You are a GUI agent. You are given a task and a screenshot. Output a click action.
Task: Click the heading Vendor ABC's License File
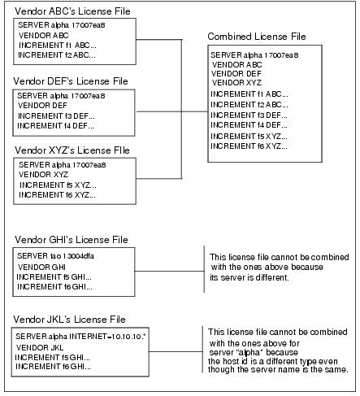coord(72,11)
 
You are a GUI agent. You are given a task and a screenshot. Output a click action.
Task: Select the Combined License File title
coord(257,37)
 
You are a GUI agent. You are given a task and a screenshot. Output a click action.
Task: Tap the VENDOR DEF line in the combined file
coord(236,74)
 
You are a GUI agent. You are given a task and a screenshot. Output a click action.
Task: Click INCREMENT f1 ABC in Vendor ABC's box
coord(58,45)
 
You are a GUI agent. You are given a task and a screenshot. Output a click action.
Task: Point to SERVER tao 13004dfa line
coord(56,256)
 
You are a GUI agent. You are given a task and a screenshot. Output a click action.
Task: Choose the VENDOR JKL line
coord(40,347)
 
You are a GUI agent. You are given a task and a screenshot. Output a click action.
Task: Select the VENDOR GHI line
coord(41,268)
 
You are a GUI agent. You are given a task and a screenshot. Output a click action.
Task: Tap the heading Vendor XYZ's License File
coord(72,150)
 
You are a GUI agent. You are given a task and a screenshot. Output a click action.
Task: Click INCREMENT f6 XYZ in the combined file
coord(249,146)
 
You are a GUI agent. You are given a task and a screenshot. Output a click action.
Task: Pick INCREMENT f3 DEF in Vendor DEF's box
coord(56,116)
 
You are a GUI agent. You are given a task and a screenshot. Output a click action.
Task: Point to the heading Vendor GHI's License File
coord(72,240)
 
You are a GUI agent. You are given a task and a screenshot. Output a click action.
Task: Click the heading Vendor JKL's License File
coord(69,320)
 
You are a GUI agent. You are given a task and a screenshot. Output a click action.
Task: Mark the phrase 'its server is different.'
coord(249,277)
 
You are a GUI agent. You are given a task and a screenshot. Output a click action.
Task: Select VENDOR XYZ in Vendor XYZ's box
coord(43,175)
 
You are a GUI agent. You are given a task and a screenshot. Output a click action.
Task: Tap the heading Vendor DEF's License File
coord(71,81)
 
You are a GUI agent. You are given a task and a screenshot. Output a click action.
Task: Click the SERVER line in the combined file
coord(254,55)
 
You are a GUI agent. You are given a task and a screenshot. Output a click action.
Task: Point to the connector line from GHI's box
coord(169,271)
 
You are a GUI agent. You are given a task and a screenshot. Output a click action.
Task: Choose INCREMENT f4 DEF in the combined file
coord(249,125)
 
